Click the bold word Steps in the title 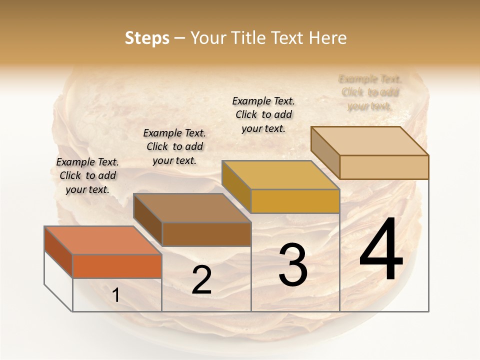pos(147,38)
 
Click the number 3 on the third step pos(292,264)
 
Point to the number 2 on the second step pos(201,279)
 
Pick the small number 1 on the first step pos(116,295)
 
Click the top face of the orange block pos(102,240)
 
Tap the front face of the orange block pos(117,266)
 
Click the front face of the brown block pos(206,234)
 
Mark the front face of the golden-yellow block pos(295,201)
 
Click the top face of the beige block pos(369,140)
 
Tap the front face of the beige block pos(384,167)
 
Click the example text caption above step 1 pos(87,175)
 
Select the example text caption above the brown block pos(174,146)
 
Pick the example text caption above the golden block pos(263,114)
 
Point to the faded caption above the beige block pos(370,92)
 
